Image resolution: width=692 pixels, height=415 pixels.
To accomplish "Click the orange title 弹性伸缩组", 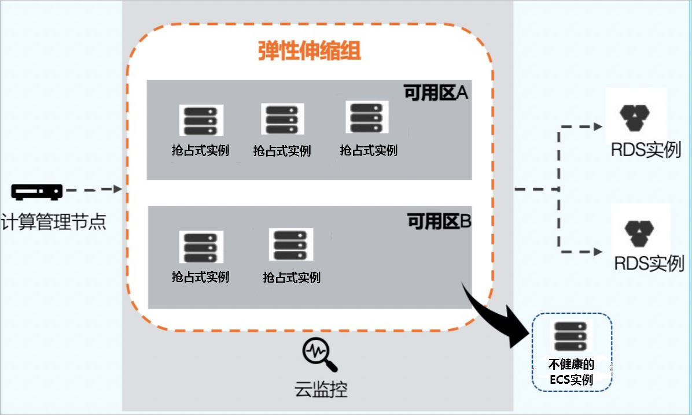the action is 310,51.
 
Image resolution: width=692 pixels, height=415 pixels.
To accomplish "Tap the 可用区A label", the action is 436,93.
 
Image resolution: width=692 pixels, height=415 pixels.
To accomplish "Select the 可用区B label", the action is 439,221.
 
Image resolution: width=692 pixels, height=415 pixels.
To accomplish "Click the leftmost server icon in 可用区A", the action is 201,120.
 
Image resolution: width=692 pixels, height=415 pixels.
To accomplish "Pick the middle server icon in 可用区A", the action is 282,119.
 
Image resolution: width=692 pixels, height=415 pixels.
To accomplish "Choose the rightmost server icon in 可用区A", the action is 367,117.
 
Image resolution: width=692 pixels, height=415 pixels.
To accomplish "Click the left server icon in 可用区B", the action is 201,247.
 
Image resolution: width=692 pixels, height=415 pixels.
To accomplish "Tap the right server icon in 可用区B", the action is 291,244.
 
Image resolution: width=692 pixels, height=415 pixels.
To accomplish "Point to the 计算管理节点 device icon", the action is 37,192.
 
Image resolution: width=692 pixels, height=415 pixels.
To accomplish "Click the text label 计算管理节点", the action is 54,221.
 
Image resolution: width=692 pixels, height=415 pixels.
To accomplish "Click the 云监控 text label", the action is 321,390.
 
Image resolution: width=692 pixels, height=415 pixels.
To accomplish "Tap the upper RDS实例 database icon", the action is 635,118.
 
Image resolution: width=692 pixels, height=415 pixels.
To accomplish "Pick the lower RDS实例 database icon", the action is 639,234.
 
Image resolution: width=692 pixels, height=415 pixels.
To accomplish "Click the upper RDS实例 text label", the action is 646,150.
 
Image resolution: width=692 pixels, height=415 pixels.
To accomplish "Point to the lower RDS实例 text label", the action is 649,264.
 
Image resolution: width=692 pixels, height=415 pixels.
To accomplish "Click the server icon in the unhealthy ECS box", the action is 570,336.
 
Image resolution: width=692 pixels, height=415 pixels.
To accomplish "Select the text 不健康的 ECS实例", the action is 572,372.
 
